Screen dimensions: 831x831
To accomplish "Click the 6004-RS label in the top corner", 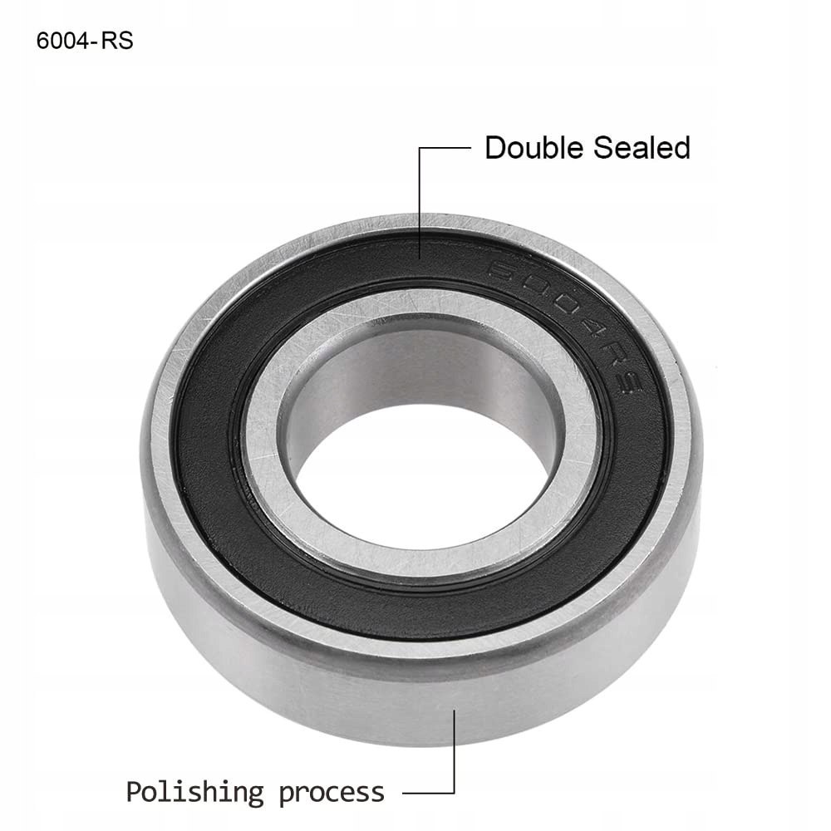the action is (85, 41).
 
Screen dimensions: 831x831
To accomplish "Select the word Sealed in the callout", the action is (642, 147).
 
